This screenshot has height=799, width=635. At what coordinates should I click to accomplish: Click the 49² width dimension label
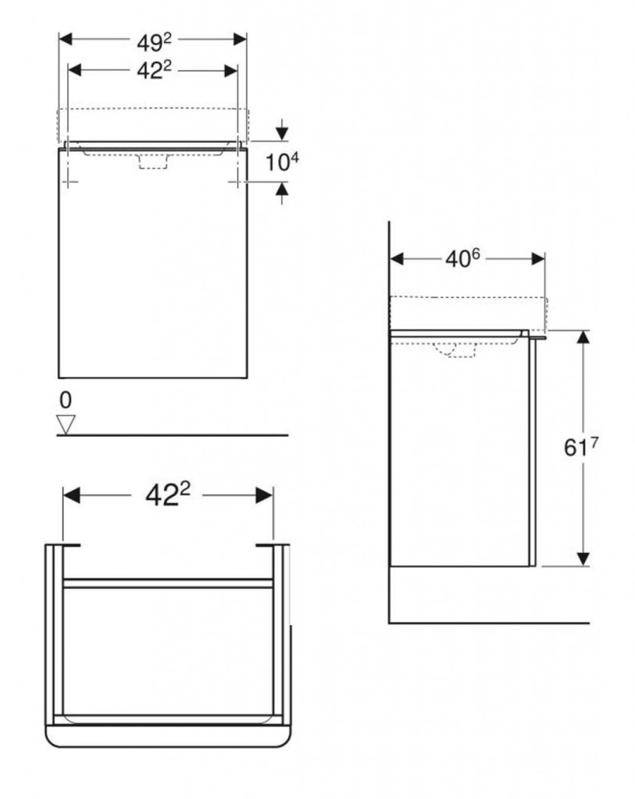[154, 42]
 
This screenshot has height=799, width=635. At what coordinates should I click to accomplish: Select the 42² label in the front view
[154, 70]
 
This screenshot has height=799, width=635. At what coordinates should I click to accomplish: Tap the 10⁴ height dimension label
[282, 162]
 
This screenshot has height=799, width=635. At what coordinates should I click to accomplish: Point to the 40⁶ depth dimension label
[462, 259]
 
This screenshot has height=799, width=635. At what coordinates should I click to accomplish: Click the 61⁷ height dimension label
[581, 447]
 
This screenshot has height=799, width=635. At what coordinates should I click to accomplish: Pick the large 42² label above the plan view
[167, 494]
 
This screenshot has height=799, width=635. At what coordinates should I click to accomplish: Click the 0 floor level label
[66, 400]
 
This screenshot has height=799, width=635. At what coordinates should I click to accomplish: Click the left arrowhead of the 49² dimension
[66, 39]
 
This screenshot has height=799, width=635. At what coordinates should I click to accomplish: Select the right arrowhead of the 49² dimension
[240, 39]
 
